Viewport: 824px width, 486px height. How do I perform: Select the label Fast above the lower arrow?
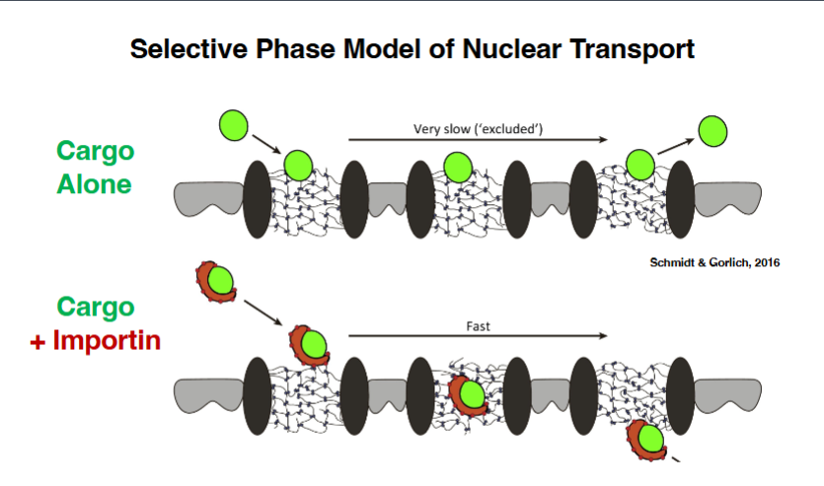coord(479,323)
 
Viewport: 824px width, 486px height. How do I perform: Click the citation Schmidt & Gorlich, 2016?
coord(702,263)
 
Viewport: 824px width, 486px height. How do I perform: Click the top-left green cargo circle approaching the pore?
coord(234,126)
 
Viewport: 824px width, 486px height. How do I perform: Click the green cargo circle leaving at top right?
coord(712,129)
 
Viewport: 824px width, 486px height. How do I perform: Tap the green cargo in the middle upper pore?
coord(457,167)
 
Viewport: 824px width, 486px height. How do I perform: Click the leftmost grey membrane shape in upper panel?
coord(207,198)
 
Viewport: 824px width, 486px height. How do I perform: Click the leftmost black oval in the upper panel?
coord(257,198)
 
